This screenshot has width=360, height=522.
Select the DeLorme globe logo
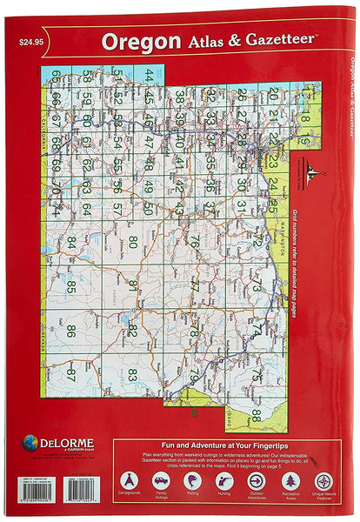click(31, 443)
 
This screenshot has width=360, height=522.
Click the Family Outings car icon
click(162, 479)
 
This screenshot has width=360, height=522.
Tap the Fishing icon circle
click(193, 479)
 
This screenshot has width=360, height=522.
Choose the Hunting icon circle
click(224, 479)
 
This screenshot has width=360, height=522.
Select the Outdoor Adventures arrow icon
click(256, 479)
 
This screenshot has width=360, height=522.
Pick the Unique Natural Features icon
click(323, 479)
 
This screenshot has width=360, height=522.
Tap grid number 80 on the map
click(133, 241)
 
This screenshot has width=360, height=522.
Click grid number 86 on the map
click(71, 330)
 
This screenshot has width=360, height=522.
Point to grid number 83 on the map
click(132, 375)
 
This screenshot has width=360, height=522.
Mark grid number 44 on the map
click(150, 75)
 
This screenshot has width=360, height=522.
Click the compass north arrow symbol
click(323, 177)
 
